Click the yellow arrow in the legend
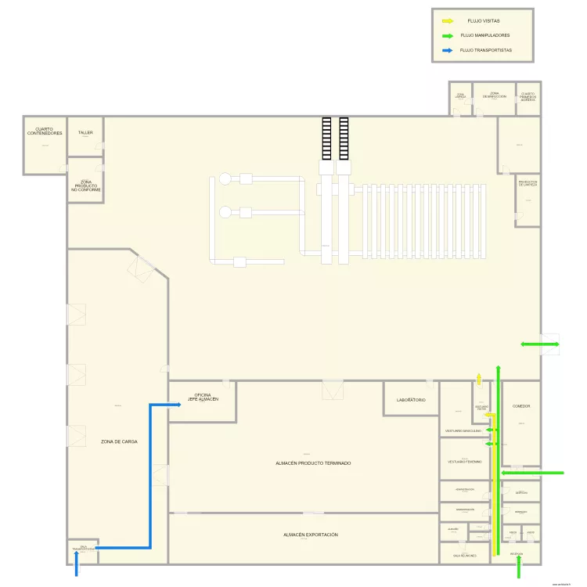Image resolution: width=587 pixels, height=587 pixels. click(x=448, y=21)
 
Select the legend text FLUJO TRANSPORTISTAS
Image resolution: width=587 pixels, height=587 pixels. click(x=486, y=50)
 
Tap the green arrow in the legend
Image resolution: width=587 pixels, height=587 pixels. click(x=448, y=35)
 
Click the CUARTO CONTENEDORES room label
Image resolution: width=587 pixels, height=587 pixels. click(x=45, y=131)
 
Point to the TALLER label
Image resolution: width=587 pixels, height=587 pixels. click(x=85, y=133)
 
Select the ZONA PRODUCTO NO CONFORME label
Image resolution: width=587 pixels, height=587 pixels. click(x=86, y=185)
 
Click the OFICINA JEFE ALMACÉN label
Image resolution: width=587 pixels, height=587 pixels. click(x=202, y=397)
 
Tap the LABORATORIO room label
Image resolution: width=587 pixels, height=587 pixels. click(x=411, y=400)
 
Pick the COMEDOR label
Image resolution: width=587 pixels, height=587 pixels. click(x=521, y=406)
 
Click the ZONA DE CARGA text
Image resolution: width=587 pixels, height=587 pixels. click(x=119, y=441)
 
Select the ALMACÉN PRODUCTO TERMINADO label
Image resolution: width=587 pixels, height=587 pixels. click(x=313, y=463)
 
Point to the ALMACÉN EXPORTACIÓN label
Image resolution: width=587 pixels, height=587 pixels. click(x=311, y=535)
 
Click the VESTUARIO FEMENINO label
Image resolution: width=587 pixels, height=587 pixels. click(x=465, y=462)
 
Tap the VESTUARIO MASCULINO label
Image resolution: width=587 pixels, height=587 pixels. click(x=463, y=431)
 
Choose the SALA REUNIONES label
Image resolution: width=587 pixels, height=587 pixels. click(x=464, y=555)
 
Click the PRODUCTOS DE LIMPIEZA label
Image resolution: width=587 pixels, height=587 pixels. click(x=528, y=184)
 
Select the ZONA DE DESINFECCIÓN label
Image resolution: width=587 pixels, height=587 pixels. click(x=495, y=95)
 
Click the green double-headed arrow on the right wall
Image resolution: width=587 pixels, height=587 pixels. click(x=541, y=344)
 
